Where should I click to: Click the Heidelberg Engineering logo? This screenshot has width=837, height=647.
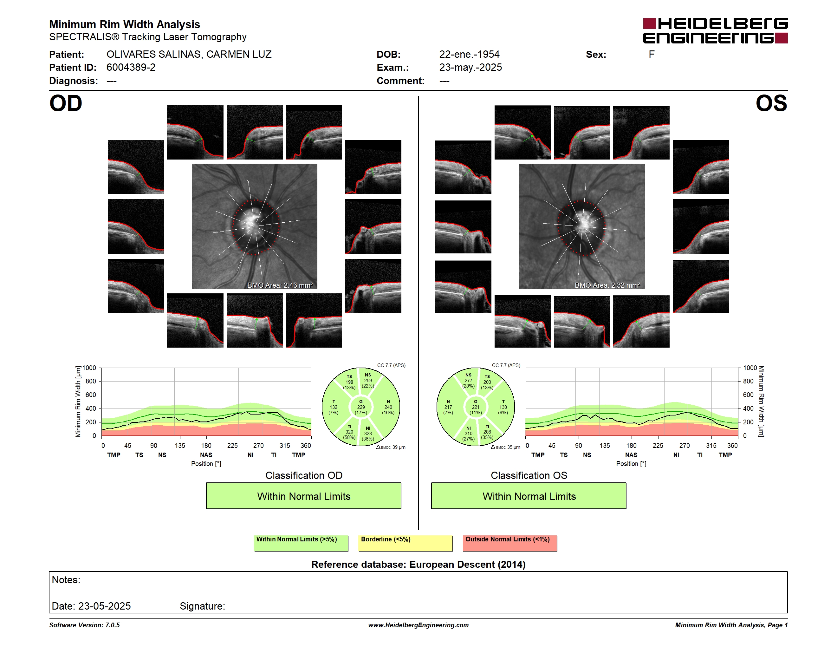(x=715, y=31)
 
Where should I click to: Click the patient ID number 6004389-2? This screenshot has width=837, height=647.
(x=131, y=68)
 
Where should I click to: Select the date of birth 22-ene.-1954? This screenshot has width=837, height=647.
(x=469, y=55)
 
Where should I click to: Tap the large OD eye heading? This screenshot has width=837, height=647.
(x=66, y=103)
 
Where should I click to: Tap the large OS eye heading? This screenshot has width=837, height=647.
(x=771, y=103)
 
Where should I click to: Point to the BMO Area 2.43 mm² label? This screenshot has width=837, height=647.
(x=280, y=285)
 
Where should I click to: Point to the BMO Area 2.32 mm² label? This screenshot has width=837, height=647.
(x=607, y=285)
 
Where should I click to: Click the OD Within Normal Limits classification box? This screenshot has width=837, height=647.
(x=303, y=496)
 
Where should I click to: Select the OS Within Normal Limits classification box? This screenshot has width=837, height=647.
(x=529, y=496)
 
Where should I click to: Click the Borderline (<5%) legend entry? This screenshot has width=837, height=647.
(x=406, y=543)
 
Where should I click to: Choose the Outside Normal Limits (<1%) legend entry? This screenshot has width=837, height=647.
(x=510, y=543)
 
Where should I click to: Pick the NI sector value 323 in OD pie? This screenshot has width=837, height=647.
(x=368, y=434)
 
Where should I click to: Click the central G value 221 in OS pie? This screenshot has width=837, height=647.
(x=476, y=407)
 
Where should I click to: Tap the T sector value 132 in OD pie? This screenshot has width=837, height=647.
(x=334, y=407)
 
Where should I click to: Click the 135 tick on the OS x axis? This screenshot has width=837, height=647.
(x=605, y=445)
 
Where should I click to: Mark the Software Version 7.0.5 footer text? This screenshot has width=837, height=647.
(x=84, y=625)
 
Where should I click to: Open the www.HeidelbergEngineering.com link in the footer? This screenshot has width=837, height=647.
(x=418, y=625)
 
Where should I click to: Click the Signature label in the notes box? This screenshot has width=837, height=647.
(x=202, y=606)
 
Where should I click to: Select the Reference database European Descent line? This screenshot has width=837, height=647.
(x=418, y=565)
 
